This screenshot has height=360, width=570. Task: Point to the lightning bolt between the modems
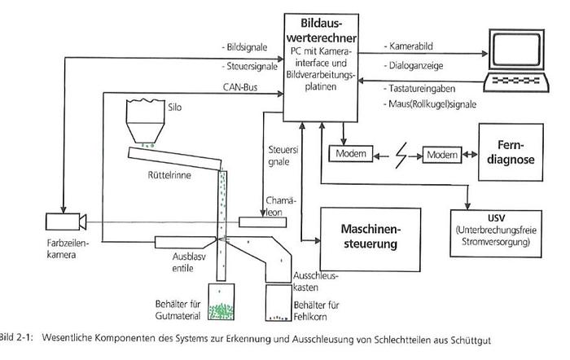393,153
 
